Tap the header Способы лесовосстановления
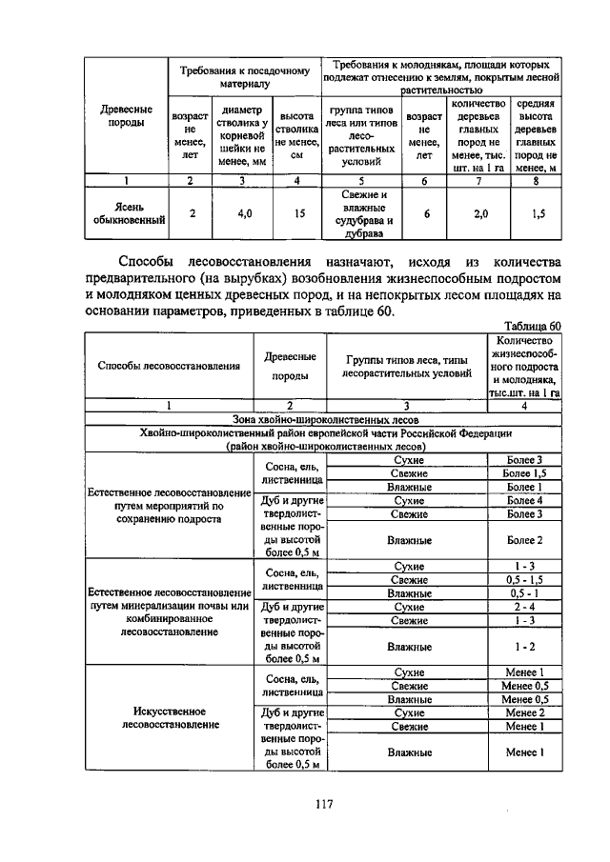point(163,366)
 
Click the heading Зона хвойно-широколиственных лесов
point(323,418)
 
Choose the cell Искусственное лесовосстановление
point(163,717)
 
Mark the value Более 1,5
point(525,473)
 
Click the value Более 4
point(525,500)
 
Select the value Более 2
point(525,540)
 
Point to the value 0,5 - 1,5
point(525,579)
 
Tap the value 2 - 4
point(525,606)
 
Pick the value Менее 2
point(525,712)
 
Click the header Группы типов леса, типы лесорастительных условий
point(407,367)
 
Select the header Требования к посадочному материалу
point(245,76)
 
